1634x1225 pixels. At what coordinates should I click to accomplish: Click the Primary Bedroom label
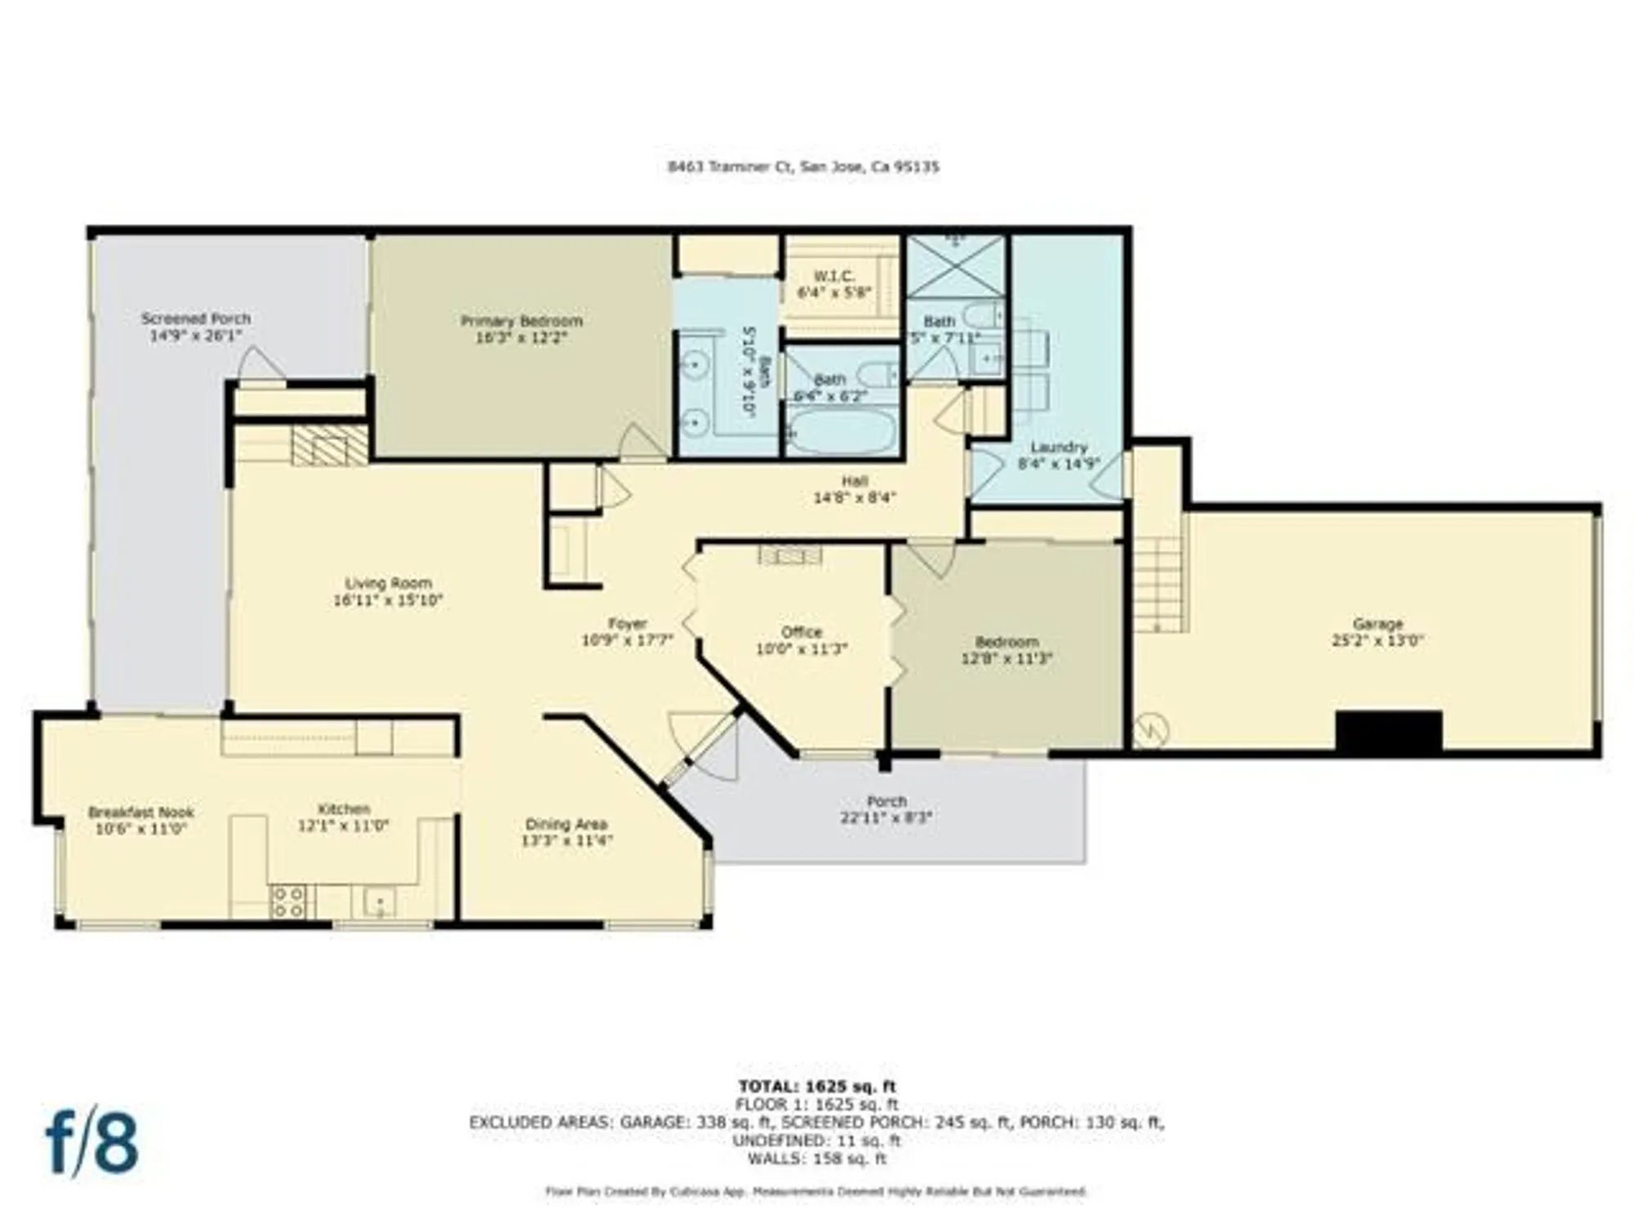pos(521,321)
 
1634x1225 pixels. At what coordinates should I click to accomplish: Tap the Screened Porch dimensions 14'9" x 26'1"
pos(195,336)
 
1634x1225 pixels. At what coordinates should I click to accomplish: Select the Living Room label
pos(388,583)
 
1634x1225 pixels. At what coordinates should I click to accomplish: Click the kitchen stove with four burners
pos(288,902)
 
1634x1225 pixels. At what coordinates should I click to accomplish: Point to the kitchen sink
pos(380,902)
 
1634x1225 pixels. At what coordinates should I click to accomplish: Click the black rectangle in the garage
pos(1388,731)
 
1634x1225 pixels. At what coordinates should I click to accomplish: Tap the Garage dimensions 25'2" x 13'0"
pos(1377,641)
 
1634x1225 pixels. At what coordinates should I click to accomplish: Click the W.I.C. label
pos(834,276)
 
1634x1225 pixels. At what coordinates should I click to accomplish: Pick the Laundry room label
pos(1058,448)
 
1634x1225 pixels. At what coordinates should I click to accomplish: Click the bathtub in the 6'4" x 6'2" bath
pos(841,430)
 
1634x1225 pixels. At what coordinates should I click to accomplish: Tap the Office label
pos(801,632)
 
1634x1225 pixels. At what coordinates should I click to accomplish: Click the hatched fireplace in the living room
pos(329,446)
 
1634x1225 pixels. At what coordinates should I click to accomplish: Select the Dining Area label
pos(566,824)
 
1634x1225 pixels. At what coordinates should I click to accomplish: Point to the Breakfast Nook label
pos(141,812)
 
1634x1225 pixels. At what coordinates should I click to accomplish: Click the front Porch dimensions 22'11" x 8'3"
pos(886,817)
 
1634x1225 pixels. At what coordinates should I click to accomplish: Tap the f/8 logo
pos(92,1141)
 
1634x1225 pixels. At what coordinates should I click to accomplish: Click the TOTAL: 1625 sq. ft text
pos(816,1086)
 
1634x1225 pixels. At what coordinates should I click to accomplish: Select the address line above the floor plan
pos(803,167)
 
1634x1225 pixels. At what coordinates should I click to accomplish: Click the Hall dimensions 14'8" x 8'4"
pos(854,497)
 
